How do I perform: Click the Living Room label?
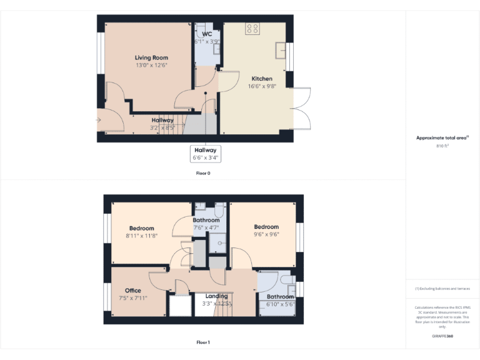pyautogui.click(x=151, y=57)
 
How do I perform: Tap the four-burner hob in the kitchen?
pyautogui.click(x=253, y=28)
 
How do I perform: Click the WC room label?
pyautogui.click(x=207, y=34)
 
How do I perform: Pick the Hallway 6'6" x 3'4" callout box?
pyautogui.click(x=206, y=154)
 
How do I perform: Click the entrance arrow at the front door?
pyautogui.click(x=99, y=119)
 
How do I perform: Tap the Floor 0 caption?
pyautogui.click(x=203, y=173)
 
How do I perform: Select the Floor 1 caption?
pyautogui.click(x=203, y=342)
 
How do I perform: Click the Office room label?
pyautogui.click(x=132, y=291)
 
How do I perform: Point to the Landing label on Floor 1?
pyautogui.click(x=216, y=296)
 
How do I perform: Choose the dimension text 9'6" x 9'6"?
pyautogui.click(x=266, y=235)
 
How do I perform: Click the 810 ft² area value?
pyautogui.click(x=442, y=146)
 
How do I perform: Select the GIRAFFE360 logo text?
pyautogui.click(x=442, y=336)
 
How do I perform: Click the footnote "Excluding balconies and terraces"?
pyautogui.click(x=442, y=289)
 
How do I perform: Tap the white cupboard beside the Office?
pyautogui.click(x=181, y=306)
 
